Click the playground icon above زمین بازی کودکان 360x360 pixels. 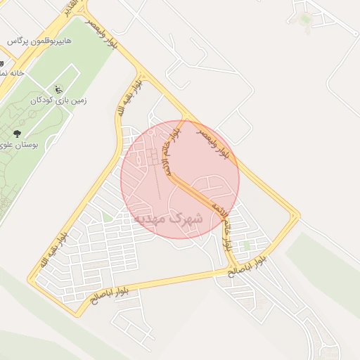pos(58,89)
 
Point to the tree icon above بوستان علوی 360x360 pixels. pos(17,134)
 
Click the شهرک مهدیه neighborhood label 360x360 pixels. pos(168,219)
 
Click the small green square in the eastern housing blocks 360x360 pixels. pos(247,245)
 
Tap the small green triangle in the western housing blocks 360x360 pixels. pos(107,218)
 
